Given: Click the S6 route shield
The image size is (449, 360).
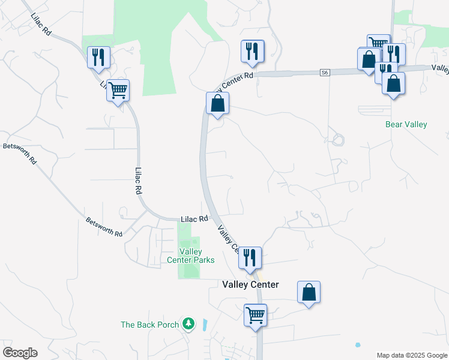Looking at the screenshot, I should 325,73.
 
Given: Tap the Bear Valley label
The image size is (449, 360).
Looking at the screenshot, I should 406,125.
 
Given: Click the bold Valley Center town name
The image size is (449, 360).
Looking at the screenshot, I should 250,284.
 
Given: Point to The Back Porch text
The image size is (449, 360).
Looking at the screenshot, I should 150,325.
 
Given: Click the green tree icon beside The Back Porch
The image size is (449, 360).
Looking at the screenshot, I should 189,324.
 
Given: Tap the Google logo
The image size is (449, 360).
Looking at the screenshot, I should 20,353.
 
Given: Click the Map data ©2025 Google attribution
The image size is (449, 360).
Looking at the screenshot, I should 412,355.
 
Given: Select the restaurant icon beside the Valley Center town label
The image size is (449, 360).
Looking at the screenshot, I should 250,257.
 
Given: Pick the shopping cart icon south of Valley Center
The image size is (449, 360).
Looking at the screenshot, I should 255,314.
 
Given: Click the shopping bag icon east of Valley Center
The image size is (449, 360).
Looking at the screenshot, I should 309,292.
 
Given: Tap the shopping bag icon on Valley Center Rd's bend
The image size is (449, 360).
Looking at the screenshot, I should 217,103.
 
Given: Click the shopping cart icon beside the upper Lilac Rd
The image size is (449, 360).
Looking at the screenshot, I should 118,90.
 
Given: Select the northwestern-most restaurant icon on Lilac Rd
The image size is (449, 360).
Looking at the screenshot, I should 98,58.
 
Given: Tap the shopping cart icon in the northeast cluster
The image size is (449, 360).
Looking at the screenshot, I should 378,44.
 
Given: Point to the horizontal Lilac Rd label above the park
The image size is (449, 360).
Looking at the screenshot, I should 194,219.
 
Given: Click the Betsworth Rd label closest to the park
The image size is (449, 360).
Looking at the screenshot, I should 104,226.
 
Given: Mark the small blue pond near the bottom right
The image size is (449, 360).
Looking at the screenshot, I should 358,345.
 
